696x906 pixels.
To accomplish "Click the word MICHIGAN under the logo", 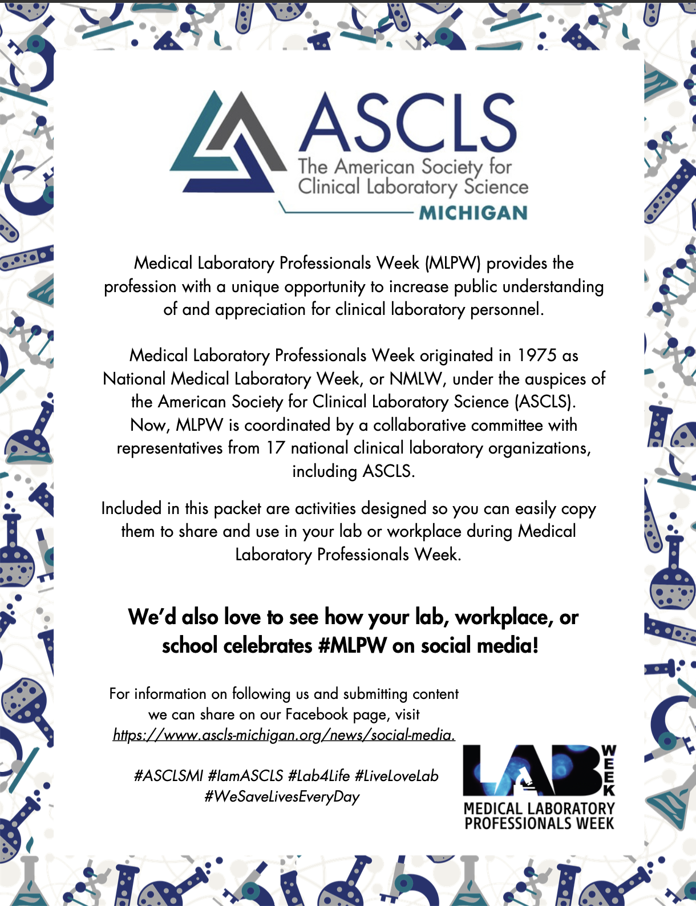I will [x=473, y=213].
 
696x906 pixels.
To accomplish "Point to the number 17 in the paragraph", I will [x=276, y=448].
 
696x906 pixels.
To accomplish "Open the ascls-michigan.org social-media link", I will [x=284, y=735].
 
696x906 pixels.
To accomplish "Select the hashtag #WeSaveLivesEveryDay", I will [x=282, y=797].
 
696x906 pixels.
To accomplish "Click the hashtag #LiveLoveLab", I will [x=396, y=776].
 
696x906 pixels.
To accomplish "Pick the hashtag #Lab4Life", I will [x=319, y=776].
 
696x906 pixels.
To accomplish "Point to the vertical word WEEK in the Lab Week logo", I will [x=609, y=770].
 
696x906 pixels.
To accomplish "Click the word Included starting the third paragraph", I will [x=131, y=508].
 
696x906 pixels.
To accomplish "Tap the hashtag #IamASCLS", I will [x=245, y=776].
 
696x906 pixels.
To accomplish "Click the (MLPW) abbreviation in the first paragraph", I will [x=454, y=263].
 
